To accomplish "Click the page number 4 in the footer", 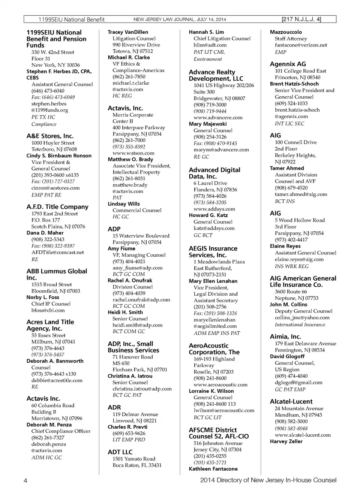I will [25, 481].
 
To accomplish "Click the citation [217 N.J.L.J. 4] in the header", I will [301, 19].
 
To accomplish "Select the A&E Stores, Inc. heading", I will [50, 136].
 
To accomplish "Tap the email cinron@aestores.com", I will [55, 188].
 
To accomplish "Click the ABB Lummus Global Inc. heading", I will [57, 274].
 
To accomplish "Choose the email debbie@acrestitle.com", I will [57, 380].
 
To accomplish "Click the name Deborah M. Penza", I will [49, 425].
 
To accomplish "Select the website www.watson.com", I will [133, 153].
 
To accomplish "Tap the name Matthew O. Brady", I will [130, 159].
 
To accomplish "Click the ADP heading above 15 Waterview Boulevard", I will [114, 229].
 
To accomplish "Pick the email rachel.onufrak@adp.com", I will [141, 300].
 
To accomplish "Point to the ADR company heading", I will [114, 407].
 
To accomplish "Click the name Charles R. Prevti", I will [127, 427].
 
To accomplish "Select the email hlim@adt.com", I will [210, 45].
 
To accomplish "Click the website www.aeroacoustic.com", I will [220, 385].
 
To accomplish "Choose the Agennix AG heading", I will [288, 64].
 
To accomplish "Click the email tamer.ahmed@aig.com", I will [301, 194].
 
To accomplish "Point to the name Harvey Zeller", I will [286, 441].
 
